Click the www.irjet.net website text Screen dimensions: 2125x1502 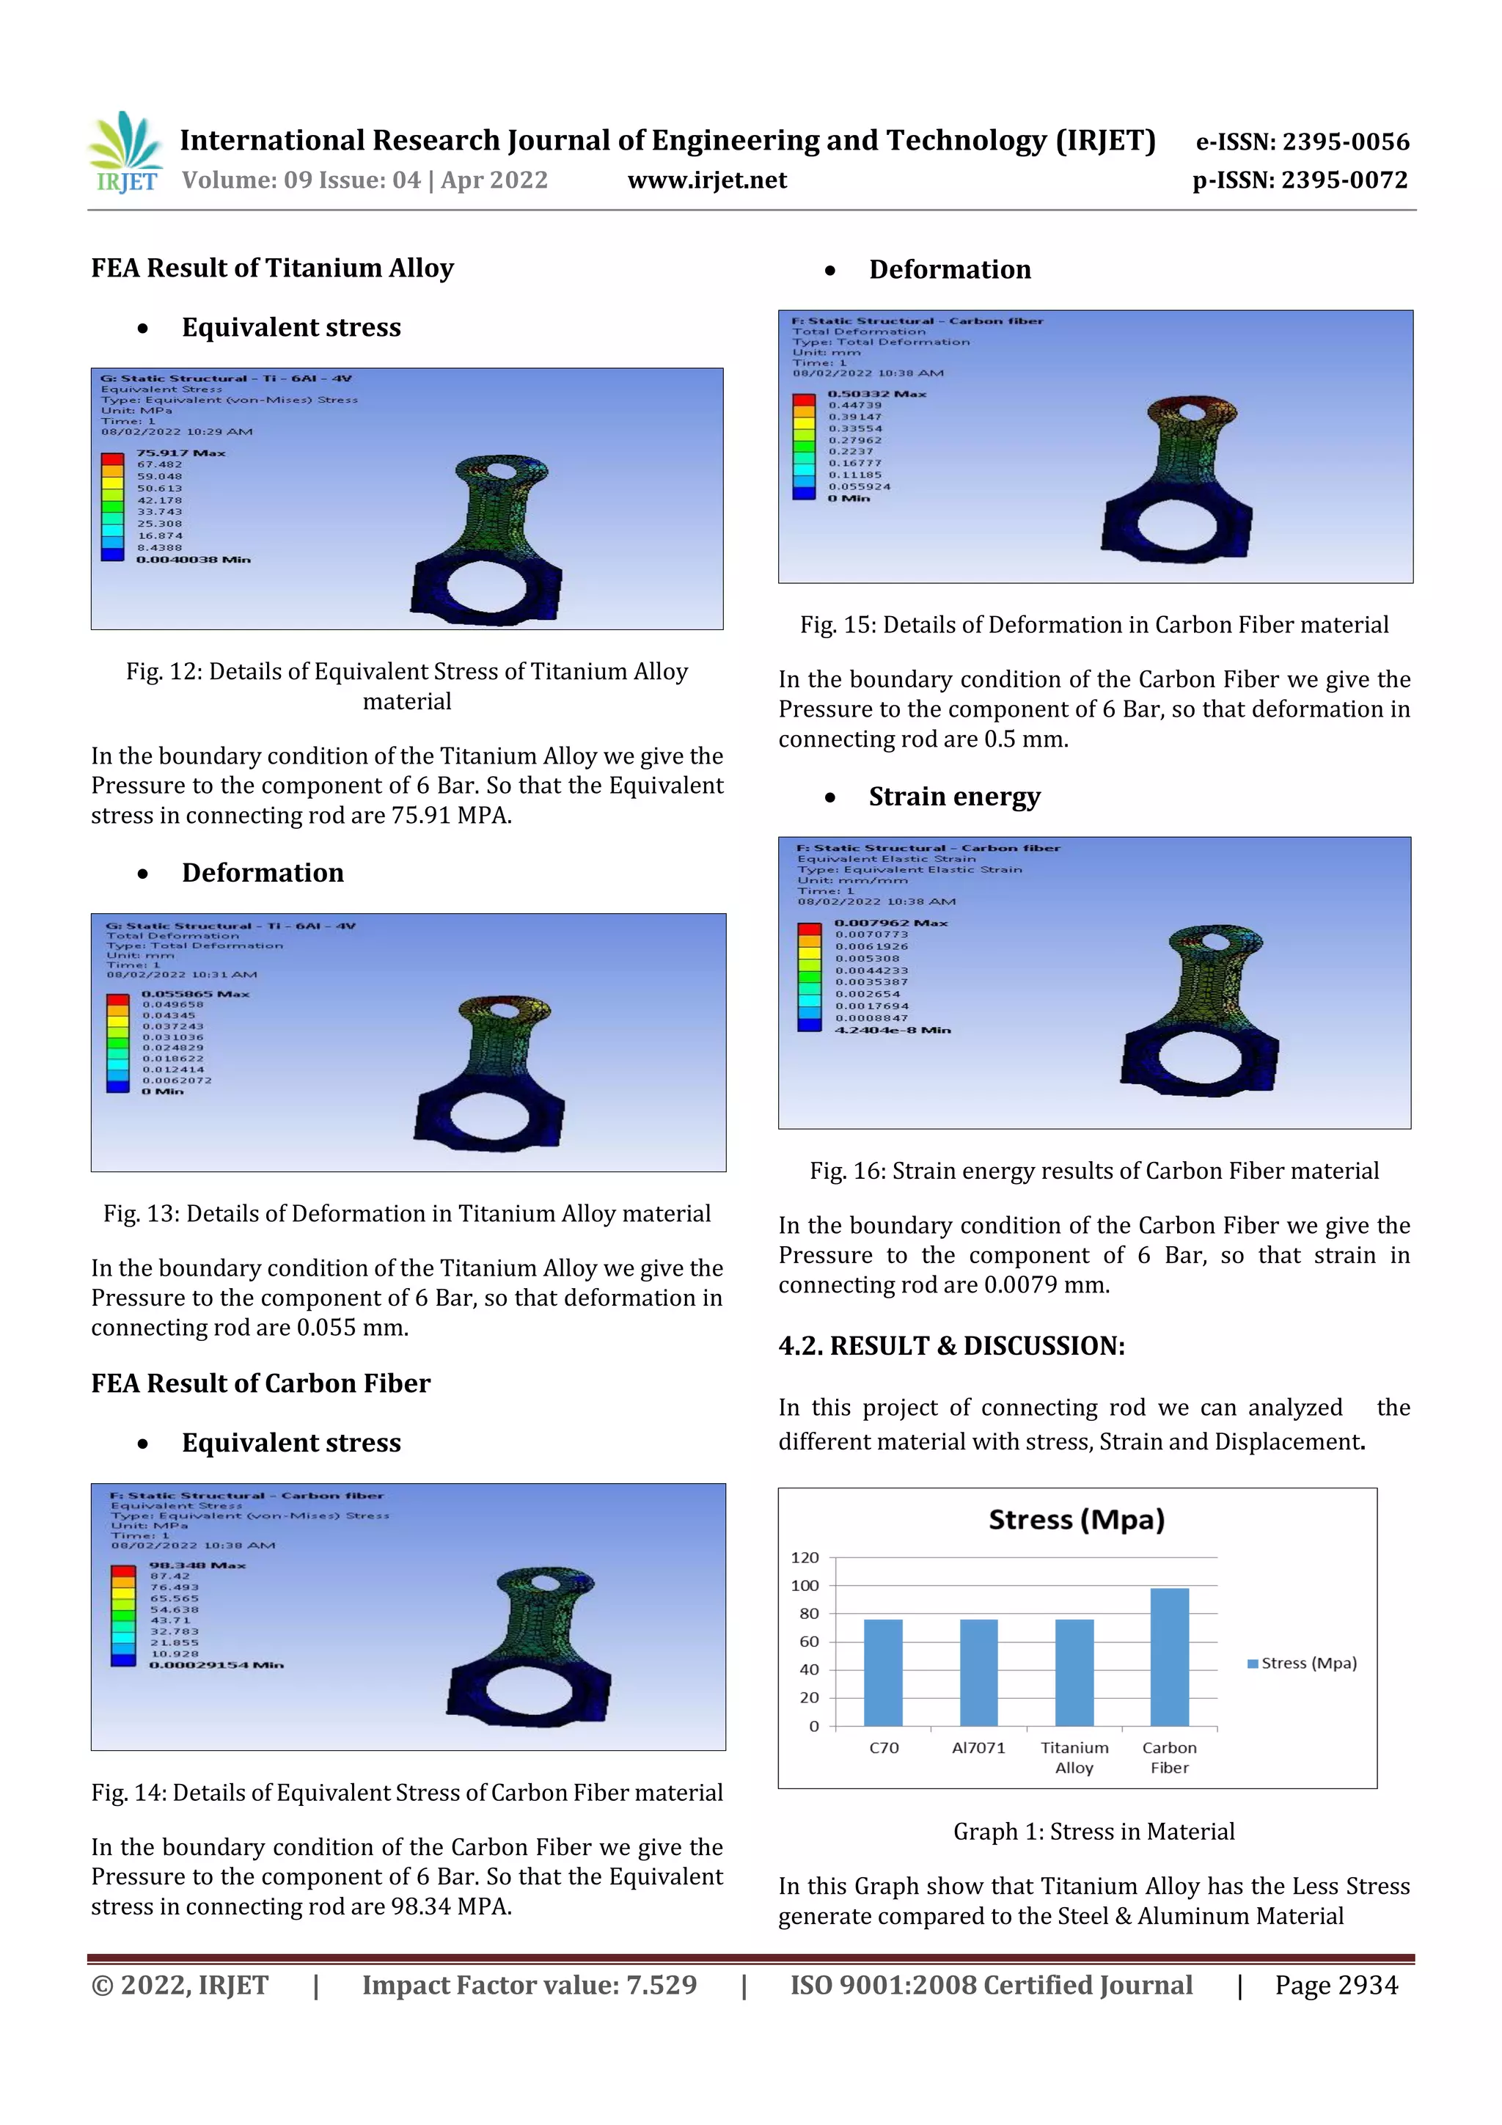coord(707,180)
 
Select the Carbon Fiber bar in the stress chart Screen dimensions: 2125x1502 coord(1169,1657)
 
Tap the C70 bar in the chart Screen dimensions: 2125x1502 coord(883,1672)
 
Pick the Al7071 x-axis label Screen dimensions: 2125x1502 coord(978,1747)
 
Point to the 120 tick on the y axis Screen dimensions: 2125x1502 coord(805,1558)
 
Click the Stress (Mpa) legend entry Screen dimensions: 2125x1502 coord(1302,1663)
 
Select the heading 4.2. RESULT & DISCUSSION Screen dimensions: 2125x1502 coord(951,1346)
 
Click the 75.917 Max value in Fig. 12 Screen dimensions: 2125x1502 coord(180,453)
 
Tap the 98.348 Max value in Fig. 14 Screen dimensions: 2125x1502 coord(197,1565)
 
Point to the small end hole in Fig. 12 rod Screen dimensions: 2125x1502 coord(501,472)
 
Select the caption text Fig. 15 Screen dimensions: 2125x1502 coord(1094,625)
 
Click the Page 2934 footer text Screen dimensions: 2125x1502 coord(1336,1985)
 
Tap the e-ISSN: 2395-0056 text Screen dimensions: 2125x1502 coord(1302,142)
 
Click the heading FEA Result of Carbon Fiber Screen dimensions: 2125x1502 coord(261,1383)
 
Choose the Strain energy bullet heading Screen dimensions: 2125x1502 coord(954,797)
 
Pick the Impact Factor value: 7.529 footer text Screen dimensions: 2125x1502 coord(530,1985)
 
